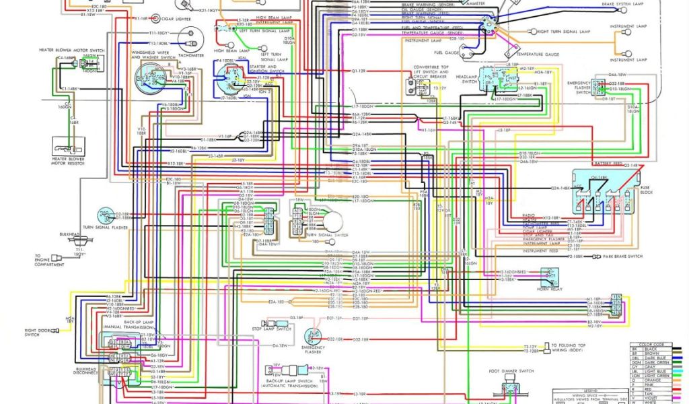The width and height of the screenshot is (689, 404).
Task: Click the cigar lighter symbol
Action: coord(156,18)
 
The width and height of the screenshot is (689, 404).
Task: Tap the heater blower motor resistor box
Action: coord(69,145)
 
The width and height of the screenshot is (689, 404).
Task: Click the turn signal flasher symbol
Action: coord(105,215)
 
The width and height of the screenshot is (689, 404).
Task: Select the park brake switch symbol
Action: coord(597,257)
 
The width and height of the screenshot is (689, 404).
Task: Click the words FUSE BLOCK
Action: coord(647,189)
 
